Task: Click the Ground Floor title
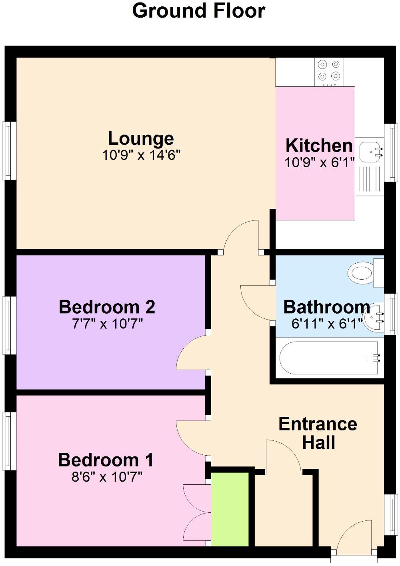[198, 11]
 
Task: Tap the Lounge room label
[141, 138]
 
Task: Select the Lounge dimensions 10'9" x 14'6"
[141, 155]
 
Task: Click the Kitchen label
[319, 145]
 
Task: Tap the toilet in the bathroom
[362, 273]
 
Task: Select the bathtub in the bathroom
[328, 358]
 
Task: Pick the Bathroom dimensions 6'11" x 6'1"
[326, 324]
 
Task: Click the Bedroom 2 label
[107, 307]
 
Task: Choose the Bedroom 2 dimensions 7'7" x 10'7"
[107, 323]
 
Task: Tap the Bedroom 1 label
[106, 460]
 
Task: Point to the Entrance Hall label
[318, 433]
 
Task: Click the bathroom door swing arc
[256, 302]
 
